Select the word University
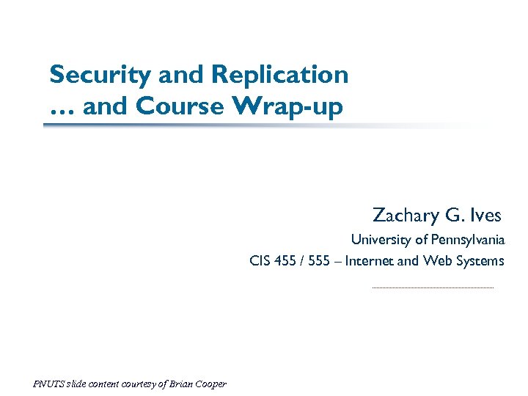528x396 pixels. pos(381,240)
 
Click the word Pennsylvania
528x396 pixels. pos(466,240)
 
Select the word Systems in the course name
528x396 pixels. pos(480,261)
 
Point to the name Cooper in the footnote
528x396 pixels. pos(210,384)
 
